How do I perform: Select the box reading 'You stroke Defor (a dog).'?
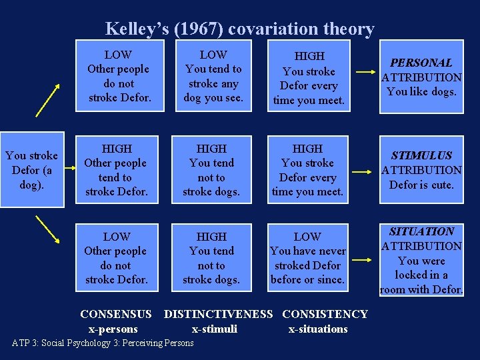pos(31,171)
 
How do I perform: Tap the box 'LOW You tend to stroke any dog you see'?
pos(213,77)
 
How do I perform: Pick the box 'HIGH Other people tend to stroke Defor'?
pos(117,171)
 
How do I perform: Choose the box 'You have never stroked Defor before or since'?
pos(307,258)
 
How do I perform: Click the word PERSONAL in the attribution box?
pos(421,63)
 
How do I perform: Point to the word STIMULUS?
pos(421,155)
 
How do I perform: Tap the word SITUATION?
pos(421,231)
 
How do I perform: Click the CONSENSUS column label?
pos(116,314)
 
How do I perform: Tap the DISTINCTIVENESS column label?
pos(218,314)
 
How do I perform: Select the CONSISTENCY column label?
pos(325,314)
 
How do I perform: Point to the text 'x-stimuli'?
pos(214,329)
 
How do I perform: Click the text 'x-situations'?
pos(318,329)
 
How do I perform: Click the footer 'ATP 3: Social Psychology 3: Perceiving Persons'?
pos(103,343)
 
